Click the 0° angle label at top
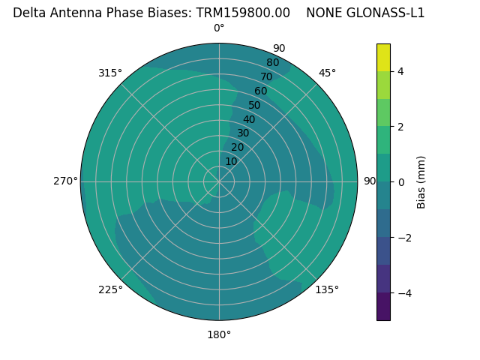click(219, 28)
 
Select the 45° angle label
click(327, 73)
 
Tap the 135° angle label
click(327, 289)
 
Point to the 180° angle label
click(219, 334)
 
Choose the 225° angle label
click(110, 289)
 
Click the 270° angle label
click(65, 181)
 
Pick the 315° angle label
click(110, 73)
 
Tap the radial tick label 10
click(231, 161)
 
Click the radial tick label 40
click(249, 119)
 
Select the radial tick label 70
click(266, 76)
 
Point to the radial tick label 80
click(272, 62)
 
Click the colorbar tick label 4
click(400, 71)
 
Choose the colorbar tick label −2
click(403, 238)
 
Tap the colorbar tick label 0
click(400, 182)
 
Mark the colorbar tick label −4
click(403, 293)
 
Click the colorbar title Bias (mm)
click(421, 182)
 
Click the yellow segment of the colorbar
click(383, 57)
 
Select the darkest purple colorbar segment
click(383, 307)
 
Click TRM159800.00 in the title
click(243, 13)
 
